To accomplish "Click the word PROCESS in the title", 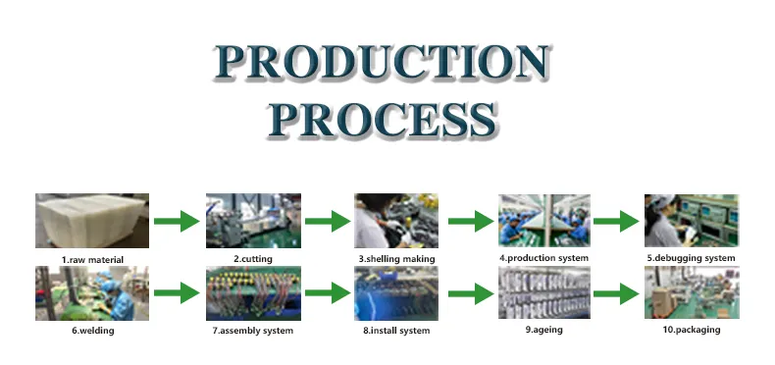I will click(383, 120).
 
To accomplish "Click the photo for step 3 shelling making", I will click(395, 222).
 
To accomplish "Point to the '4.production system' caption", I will click(544, 258).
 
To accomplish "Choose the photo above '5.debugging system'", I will click(690, 222).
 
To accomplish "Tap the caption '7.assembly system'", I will click(252, 331).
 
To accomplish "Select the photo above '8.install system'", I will click(395, 292).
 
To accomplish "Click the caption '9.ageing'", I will click(543, 330).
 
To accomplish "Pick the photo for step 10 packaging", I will click(690, 292).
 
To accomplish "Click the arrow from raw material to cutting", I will click(177, 222).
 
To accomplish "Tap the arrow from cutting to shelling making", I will click(327, 222).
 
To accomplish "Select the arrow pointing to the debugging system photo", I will click(616, 222).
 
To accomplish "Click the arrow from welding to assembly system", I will click(177, 292).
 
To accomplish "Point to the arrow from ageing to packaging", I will click(616, 292).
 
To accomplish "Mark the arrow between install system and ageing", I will click(469, 292).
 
